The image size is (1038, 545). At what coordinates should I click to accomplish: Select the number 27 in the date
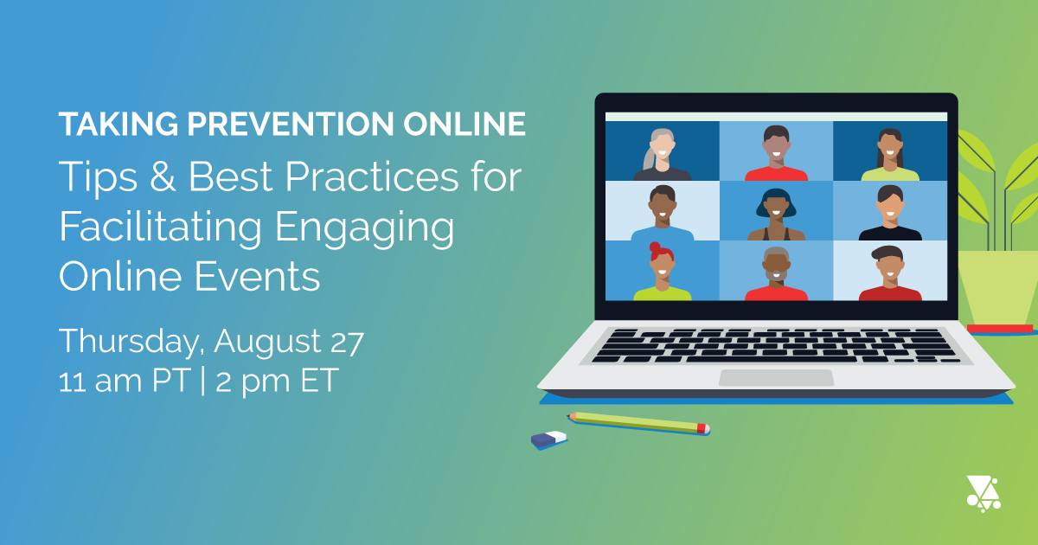point(343,341)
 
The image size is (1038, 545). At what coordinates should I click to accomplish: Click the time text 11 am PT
point(122,381)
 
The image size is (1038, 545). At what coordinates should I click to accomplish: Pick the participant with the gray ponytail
point(662,154)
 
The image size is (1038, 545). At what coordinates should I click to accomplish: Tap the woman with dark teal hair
point(776,213)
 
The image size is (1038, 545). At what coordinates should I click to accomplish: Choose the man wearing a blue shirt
point(662,213)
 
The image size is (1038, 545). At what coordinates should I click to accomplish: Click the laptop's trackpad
point(776,378)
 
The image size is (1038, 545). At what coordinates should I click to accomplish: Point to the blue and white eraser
point(549,439)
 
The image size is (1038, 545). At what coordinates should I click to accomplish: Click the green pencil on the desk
point(640,422)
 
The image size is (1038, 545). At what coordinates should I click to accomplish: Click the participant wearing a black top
point(889,213)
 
